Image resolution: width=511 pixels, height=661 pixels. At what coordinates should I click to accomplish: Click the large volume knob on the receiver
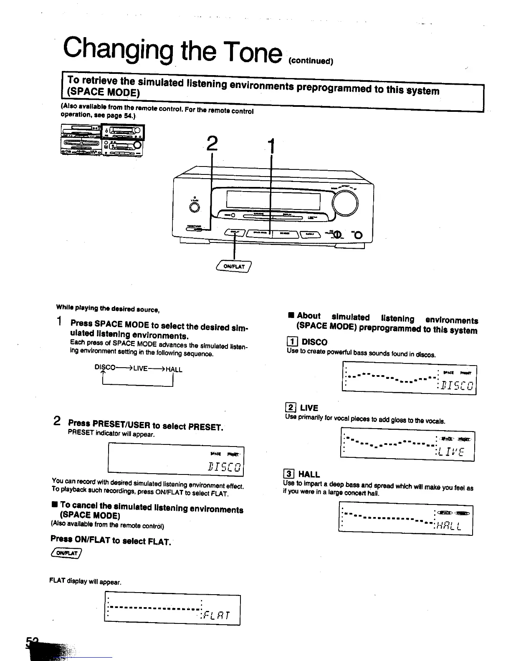345,203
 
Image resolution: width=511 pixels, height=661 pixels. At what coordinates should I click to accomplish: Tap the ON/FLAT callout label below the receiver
234,266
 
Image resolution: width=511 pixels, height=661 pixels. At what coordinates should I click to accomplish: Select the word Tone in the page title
249,52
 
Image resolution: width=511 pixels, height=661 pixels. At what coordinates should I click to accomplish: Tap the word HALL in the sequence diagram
174,369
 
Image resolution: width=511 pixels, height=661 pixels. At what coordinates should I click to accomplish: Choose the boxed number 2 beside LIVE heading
290,408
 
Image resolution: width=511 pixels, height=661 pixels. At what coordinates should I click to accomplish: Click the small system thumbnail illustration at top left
102,140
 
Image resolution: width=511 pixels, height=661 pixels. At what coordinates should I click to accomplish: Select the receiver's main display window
273,200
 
